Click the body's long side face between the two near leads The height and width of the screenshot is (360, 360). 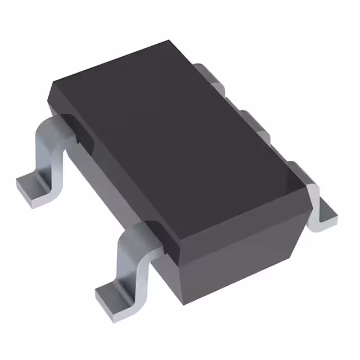pos(107,186)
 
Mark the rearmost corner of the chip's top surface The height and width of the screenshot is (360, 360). pos(169,41)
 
